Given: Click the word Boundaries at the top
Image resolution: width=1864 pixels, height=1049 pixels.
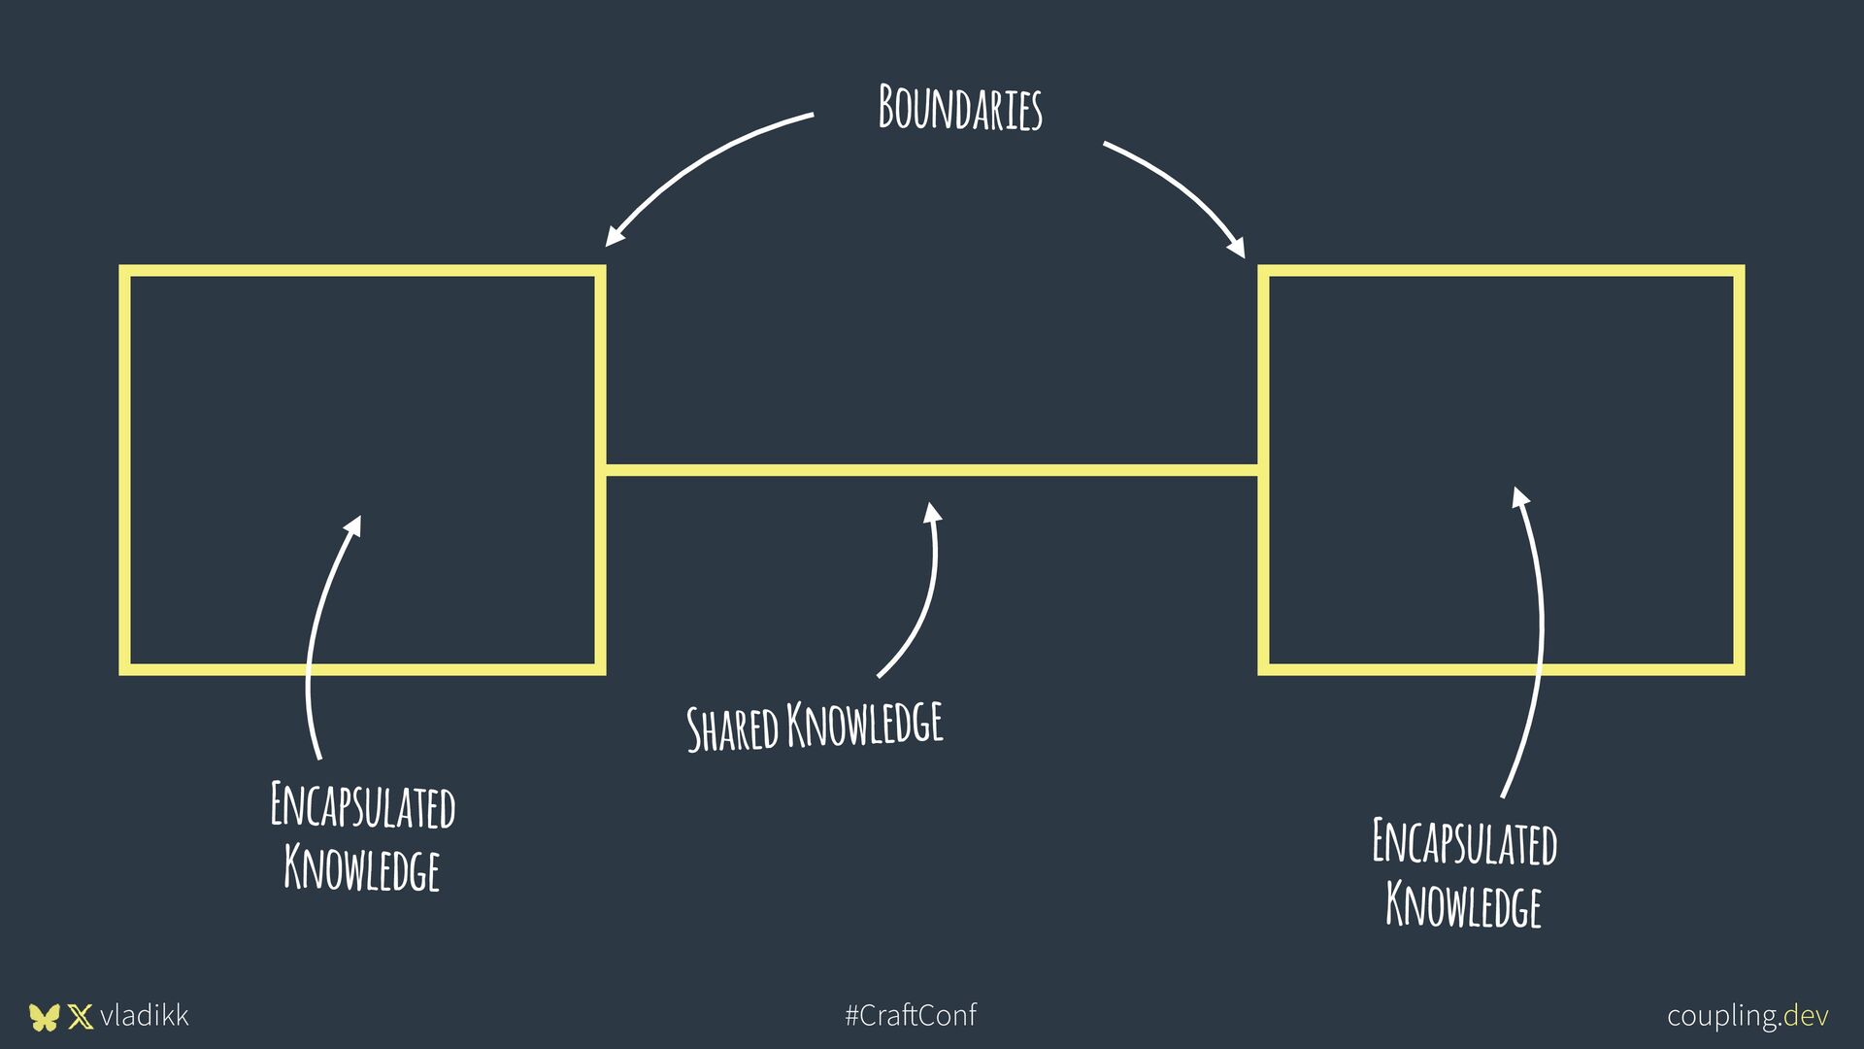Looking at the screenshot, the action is [x=960, y=108].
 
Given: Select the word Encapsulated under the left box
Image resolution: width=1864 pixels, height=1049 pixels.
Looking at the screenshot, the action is [x=362, y=805].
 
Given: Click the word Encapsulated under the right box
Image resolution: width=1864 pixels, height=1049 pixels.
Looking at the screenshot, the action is [x=1464, y=841].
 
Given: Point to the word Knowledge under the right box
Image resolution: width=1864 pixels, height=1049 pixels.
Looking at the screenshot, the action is [x=1463, y=904].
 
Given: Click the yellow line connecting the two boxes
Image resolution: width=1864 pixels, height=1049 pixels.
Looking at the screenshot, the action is [x=932, y=470].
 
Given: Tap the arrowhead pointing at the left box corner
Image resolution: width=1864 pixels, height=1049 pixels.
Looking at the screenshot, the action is [x=614, y=236].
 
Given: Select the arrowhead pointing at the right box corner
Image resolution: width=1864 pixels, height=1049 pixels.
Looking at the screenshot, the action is [x=1236, y=247].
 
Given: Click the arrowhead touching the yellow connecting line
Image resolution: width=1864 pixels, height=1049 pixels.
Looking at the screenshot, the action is [x=932, y=513].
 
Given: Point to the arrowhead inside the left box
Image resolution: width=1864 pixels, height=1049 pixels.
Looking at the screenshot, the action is [x=353, y=526].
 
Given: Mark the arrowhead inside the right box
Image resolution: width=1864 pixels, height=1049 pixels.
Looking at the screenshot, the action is [x=1520, y=497].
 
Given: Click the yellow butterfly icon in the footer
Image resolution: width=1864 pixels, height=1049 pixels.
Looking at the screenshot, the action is [x=44, y=1017].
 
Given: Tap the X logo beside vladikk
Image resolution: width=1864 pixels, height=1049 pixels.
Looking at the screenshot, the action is [x=81, y=1017].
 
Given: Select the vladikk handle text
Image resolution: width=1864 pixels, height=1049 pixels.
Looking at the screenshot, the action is [x=145, y=1016].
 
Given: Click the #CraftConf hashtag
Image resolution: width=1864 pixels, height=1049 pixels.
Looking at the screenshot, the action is [x=911, y=1016].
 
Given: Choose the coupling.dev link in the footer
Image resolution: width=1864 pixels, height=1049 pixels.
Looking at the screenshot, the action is [x=1747, y=1016].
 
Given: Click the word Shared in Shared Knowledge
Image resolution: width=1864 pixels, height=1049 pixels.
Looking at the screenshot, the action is [x=733, y=728].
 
